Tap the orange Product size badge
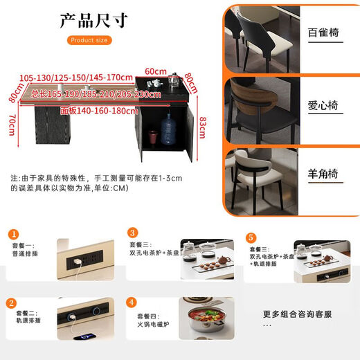(90, 40)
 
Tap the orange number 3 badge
(132, 234)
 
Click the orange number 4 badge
(132, 303)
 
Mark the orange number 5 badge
(251, 237)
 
